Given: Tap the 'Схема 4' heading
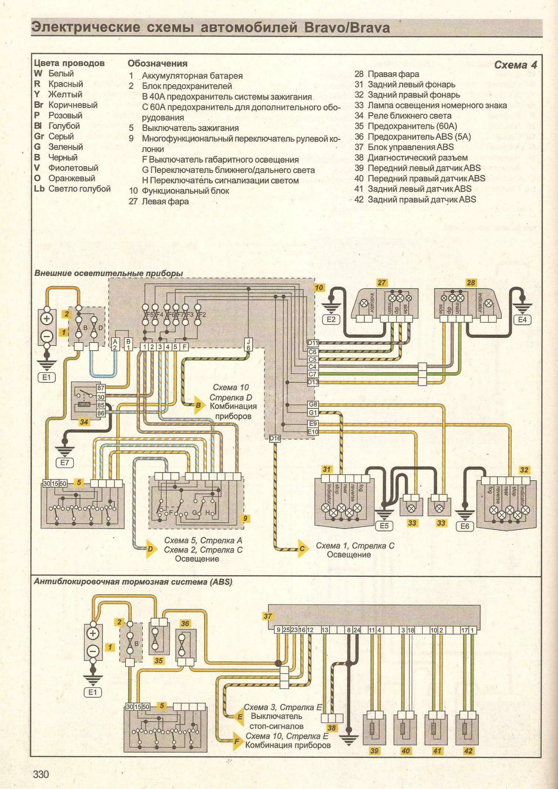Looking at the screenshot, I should (515, 65).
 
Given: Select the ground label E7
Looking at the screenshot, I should (65, 462).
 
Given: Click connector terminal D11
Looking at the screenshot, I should (313, 343).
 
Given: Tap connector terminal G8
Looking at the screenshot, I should (313, 405).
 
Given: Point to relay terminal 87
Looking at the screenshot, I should (101, 388).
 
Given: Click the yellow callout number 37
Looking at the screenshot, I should (268, 616).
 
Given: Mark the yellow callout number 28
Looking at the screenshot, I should (471, 283).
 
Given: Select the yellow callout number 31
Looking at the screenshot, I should (326, 469).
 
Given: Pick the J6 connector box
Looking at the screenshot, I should (248, 344).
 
